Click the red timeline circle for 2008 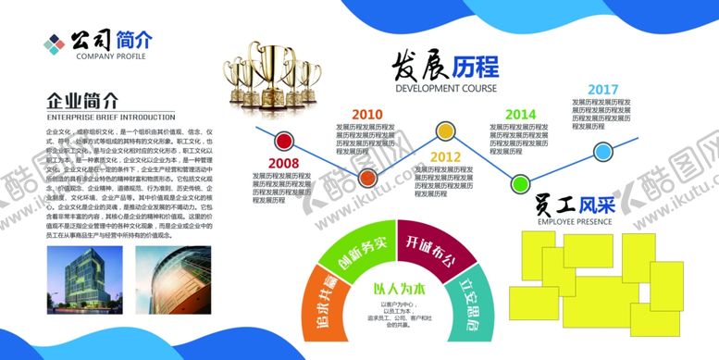[x=279, y=142]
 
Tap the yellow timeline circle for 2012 [x=445, y=130]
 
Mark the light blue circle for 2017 [x=602, y=152]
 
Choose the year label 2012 [x=445, y=156]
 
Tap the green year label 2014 [x=520, y=114]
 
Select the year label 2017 [x=602, y=88]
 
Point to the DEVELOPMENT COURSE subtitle [x=446, y=89]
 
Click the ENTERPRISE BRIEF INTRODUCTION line [x=110, y=118]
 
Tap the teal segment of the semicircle [x=467, y=308]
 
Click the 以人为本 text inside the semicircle [x=396, y=289]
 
